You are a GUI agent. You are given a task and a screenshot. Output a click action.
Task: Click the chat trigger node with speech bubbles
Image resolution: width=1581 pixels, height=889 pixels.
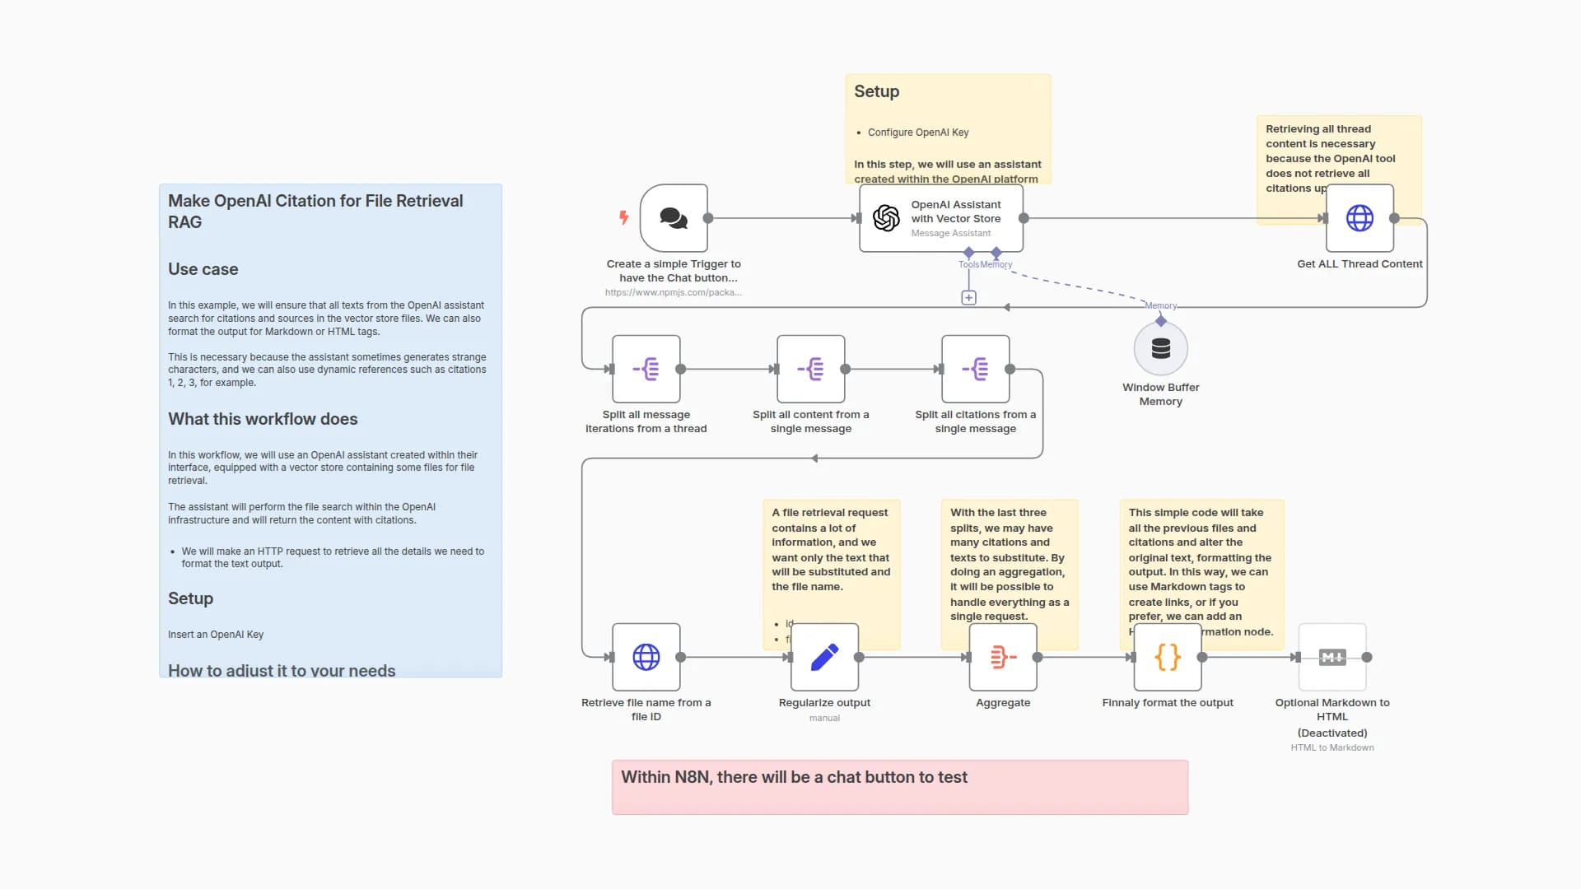tap(674, 218)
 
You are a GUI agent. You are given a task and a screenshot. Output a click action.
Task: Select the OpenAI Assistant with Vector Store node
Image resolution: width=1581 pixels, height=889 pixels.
tap(940, 218)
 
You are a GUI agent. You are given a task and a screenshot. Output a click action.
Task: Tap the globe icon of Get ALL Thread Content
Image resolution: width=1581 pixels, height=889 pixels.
tap(1359, 218)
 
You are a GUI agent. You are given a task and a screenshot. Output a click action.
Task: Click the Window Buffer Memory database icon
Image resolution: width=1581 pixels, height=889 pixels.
tap(1160, 348)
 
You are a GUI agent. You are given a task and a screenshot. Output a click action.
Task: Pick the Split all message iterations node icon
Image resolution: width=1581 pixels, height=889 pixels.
tap(646, 369)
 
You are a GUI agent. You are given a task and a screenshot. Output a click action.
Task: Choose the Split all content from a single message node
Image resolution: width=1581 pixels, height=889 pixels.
tap(810, 369)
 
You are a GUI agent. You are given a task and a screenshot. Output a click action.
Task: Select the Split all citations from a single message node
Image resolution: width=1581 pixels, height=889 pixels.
tap(975, 369)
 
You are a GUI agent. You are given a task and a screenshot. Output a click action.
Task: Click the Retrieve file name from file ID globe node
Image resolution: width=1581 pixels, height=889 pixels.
tap(646, 657)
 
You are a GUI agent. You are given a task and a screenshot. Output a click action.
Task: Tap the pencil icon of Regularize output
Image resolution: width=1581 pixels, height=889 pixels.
tap(824, 657)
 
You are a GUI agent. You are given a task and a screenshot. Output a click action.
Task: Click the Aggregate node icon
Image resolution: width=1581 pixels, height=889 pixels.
tap(1003, 657)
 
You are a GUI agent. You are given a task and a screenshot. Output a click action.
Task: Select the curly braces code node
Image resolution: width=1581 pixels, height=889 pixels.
tap(1168, 657)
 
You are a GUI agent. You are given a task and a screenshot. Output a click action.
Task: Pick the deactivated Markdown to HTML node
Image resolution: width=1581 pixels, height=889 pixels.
tap(1332, 657)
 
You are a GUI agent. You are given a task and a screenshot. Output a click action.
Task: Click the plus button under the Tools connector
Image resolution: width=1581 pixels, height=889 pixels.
tap(968, 297)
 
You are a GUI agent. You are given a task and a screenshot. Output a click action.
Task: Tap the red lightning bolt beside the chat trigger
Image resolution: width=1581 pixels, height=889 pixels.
tap(623, 217)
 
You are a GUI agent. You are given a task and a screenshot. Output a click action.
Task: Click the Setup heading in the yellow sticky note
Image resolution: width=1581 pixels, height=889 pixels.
tap(876, 91)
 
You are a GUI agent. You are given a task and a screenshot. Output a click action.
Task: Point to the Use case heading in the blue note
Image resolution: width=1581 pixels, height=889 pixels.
tap(203, 269)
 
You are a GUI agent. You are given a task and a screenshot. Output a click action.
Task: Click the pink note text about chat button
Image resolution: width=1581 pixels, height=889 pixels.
tap(794, 777)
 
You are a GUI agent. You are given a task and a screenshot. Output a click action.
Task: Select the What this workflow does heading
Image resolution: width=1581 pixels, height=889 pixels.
tap(263, 419)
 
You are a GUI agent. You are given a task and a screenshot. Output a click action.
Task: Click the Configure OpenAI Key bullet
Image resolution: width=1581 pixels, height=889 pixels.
tap(917, 133)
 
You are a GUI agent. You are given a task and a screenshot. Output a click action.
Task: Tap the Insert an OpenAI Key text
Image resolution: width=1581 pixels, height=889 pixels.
tap(216, 635)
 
